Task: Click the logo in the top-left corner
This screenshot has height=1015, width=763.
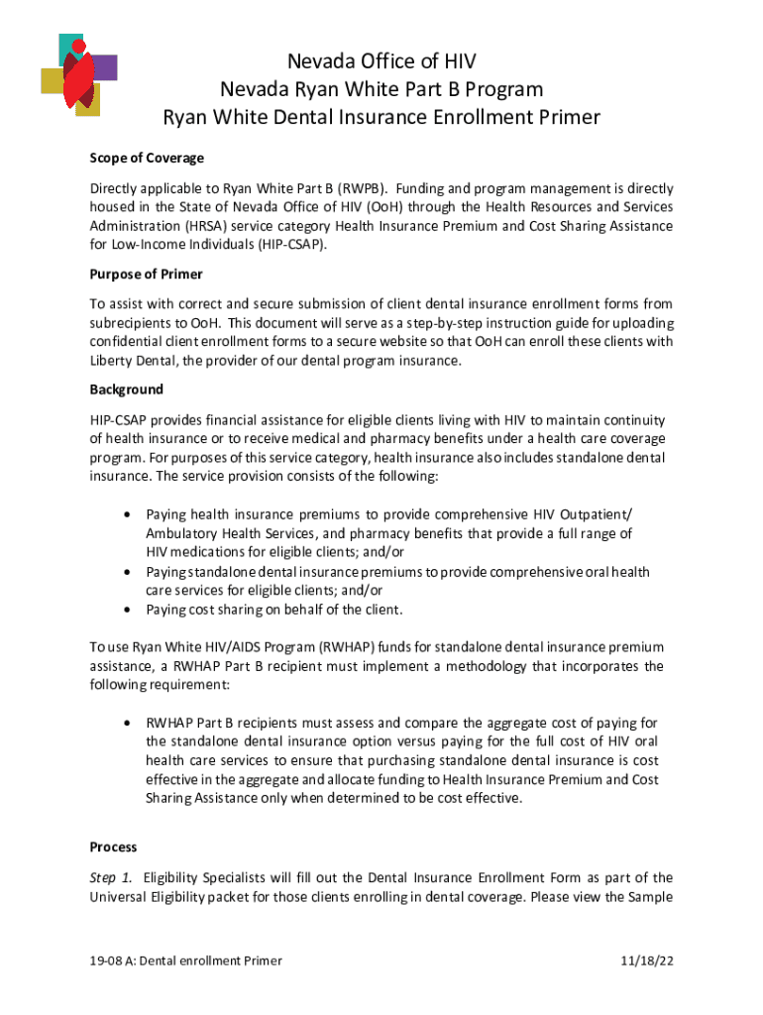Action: pos(77,74)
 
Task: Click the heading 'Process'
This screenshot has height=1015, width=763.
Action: pos(113,847)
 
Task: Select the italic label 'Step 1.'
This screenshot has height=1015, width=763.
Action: pos(112,877)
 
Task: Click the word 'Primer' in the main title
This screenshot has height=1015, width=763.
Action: pos(565,118)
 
